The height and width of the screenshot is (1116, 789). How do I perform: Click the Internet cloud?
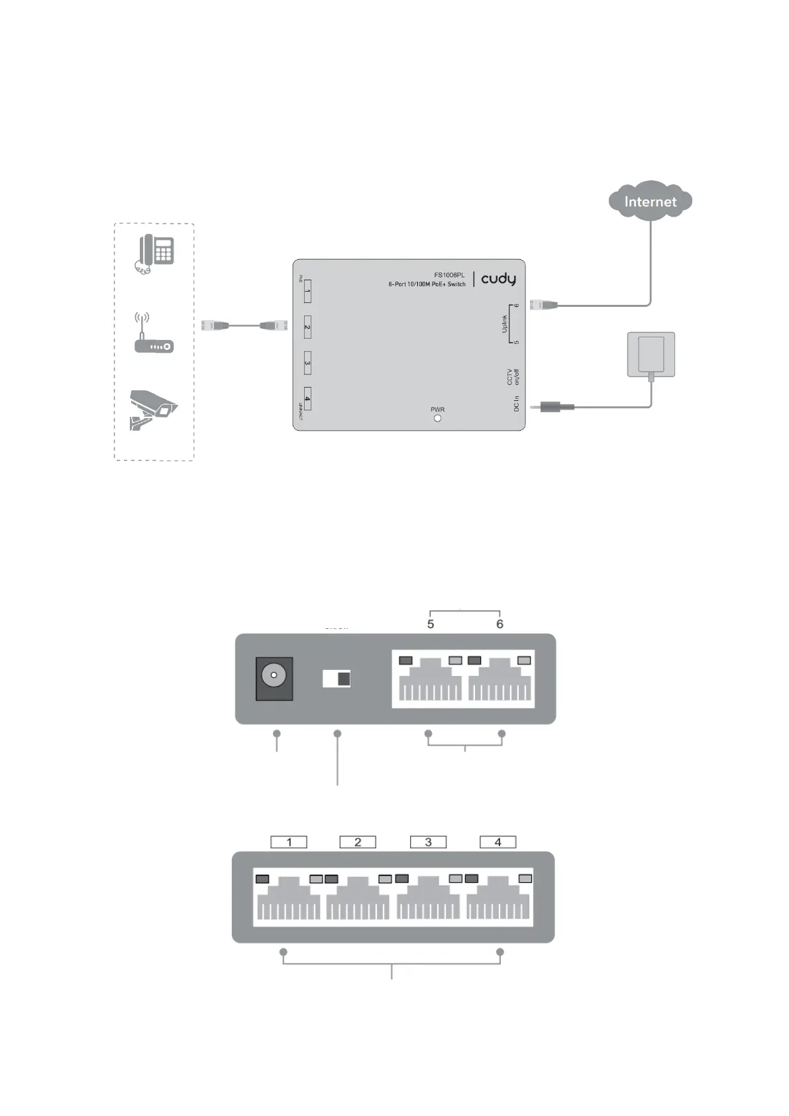(650, 201)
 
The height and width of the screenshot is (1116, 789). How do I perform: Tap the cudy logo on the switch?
(498, 279)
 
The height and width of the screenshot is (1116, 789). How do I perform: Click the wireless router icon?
(154, 335)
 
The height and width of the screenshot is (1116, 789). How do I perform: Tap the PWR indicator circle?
(437, 418)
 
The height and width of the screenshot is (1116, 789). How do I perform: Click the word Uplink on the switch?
(504, 324)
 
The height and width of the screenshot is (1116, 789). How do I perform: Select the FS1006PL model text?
(449, 275)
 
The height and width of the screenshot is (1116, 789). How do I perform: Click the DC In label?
(517, 404)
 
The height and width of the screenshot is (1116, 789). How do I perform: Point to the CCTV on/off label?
(513, 377)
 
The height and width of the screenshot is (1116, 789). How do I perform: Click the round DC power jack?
(274, 676)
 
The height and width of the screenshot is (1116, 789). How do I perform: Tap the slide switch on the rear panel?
(337, 679)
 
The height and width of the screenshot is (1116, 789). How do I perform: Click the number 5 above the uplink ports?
(431, 624)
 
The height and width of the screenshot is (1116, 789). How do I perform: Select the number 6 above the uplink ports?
(500, 624)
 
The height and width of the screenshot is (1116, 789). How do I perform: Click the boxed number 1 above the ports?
(289, 842)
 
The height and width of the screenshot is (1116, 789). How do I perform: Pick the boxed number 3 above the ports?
(428, 842)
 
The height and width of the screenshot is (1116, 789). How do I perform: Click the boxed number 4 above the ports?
(498, 842)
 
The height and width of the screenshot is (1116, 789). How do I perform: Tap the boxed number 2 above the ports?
(358, 842)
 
